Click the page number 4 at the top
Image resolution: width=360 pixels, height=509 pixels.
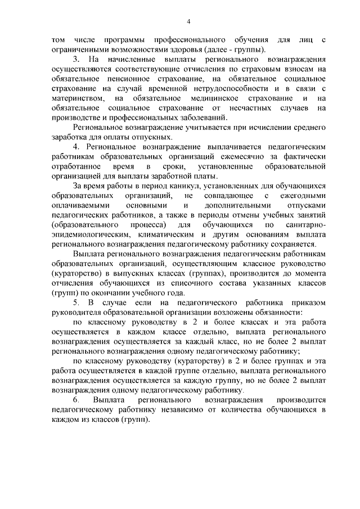(189, 21)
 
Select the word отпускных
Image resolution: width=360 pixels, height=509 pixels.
(154, 137)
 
